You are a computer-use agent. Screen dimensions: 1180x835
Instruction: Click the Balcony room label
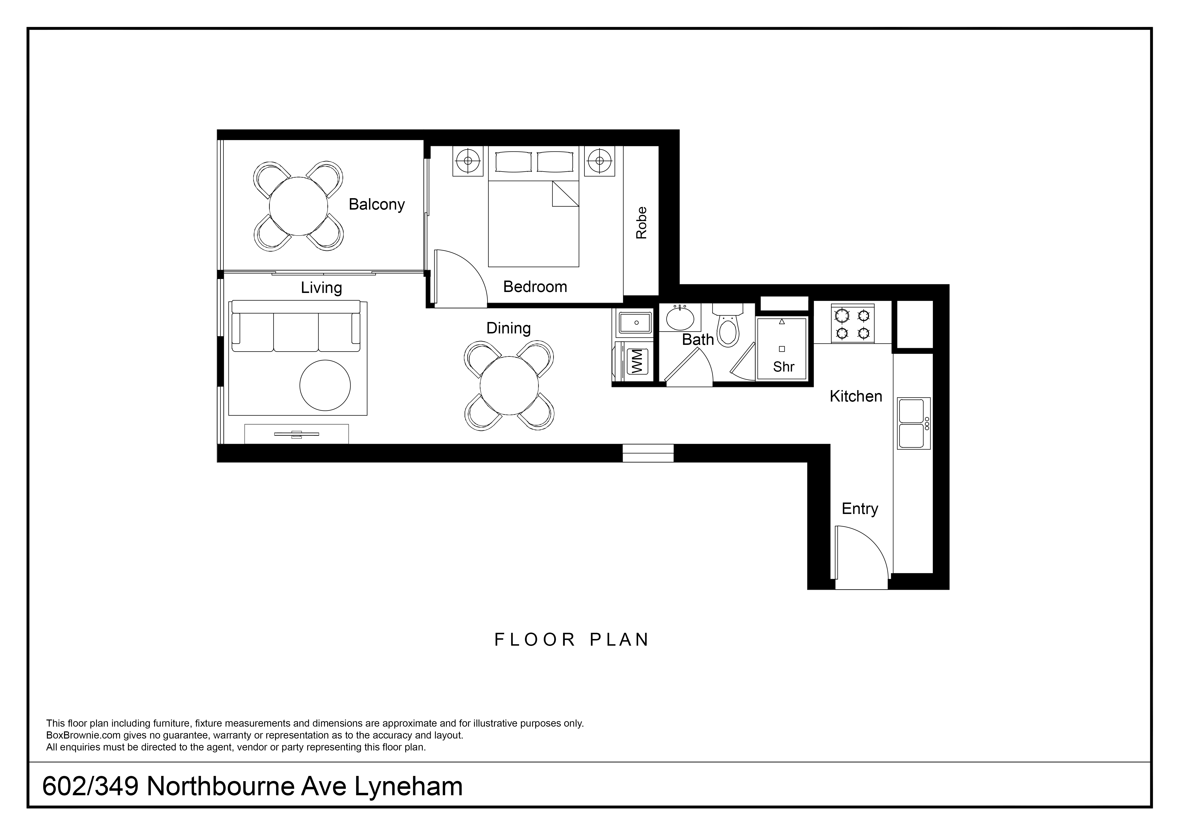click(x=377, y=205)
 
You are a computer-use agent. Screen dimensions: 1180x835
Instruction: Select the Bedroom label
click(x=535, y=286)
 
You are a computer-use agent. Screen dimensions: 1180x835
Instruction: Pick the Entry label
click(x=860, y=508)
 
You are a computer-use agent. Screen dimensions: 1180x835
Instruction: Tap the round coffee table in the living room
click(x=325, y=385)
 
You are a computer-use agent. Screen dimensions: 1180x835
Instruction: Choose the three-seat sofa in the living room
click(x=296, y=326)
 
